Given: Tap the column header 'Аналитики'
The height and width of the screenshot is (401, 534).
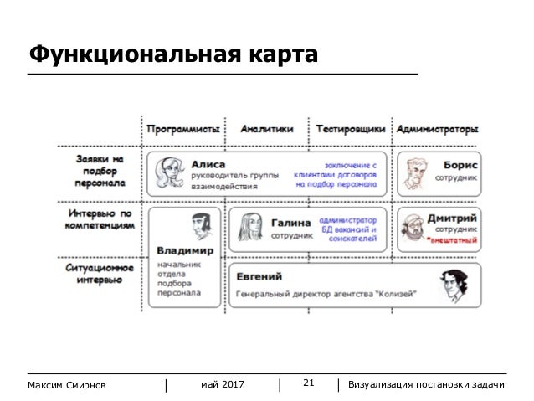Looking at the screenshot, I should click(267, 130).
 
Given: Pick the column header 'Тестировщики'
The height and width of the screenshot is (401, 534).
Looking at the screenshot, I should click(351, 130).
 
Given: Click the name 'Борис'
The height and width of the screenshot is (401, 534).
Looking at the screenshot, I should click(460, 165).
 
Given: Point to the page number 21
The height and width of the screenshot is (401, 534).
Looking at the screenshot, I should click(307, 383).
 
